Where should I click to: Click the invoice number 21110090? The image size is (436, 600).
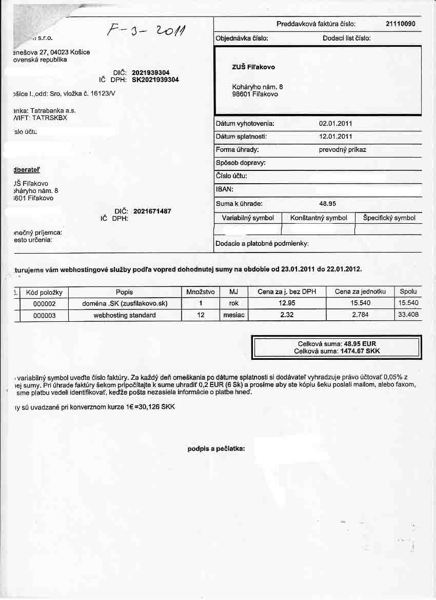pos(400,24)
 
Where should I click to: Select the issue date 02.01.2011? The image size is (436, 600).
pos(335,124)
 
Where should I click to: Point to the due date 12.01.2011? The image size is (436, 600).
pos(335,137)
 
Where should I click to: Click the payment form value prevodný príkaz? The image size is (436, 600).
pos(342,150)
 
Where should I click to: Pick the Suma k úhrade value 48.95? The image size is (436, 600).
pos(327,204)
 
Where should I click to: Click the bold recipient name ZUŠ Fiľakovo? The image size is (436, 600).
pos(253,67)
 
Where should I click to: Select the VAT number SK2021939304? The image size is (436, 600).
pos(155,80)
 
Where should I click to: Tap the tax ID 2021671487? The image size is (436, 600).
pos(152,211)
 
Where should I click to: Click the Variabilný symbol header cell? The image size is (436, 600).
pos(248,218)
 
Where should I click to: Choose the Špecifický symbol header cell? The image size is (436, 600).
pos(389,218)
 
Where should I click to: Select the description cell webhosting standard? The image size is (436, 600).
pos(125,315)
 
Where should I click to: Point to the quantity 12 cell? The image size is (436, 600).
pos(201,315)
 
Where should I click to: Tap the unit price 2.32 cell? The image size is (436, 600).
pos(287,315)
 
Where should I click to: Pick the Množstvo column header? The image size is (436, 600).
pos(201,292)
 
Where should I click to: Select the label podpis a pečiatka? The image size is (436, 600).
pos(216,449)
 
